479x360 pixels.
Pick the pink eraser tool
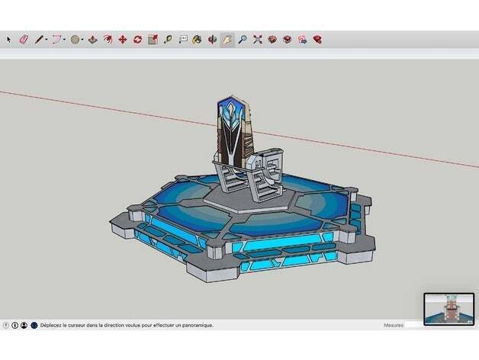point(23,39)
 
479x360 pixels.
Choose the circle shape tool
point(76,39)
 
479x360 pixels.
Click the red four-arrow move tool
point(122,39)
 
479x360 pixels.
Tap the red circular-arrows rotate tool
point(137,39)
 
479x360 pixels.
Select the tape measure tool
point(168,39)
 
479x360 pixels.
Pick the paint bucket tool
point(197,39)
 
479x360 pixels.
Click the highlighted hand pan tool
point(227,39)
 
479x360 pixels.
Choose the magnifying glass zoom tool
point(242,39)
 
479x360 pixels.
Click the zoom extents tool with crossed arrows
point(257,39)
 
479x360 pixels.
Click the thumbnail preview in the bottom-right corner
point(448,308)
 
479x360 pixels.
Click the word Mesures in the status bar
point(394,325)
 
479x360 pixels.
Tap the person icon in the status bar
point(24,325)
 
